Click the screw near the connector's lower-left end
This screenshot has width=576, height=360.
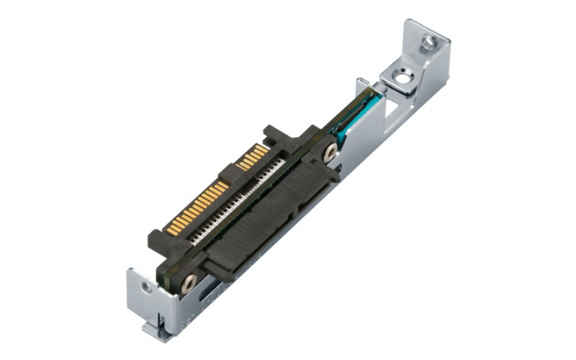190,281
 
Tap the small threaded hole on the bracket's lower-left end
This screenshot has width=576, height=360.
146,285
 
